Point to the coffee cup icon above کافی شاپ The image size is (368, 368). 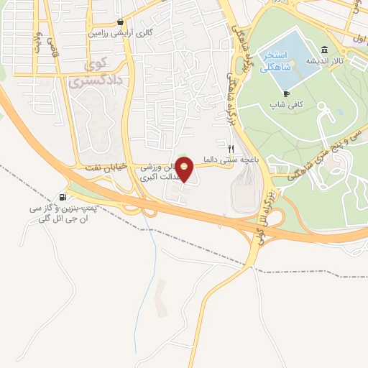[286, 93]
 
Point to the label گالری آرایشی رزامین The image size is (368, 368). [115, 33]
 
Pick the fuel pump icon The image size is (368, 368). [63, 198]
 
